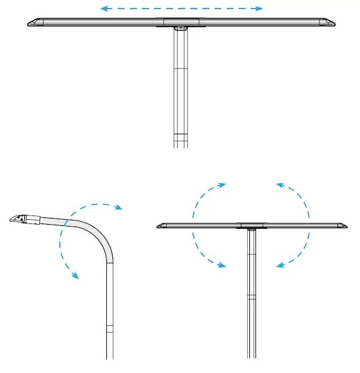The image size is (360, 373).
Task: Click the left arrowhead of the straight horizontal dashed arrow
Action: point(103,9)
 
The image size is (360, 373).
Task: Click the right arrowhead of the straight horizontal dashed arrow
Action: point(260,9)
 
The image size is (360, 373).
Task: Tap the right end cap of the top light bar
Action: point(329,23)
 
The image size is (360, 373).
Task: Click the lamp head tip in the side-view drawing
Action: point(14,218)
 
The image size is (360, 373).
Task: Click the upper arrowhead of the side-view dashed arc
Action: point(119,208)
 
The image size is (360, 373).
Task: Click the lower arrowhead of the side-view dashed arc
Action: point(76,276)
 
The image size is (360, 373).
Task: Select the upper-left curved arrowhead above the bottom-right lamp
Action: point(223,184)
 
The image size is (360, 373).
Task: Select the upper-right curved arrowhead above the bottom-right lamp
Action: point(279,184)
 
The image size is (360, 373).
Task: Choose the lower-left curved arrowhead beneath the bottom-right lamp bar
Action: point(223,265)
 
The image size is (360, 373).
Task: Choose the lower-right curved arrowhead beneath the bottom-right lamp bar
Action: point(279,265)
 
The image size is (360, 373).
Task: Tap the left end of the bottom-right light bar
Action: point(161,226)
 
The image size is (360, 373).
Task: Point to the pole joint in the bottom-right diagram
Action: point(251,297)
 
